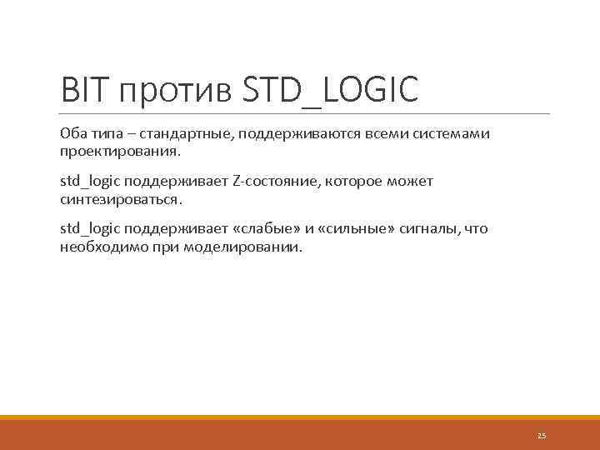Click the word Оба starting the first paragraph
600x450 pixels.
click(72, 134)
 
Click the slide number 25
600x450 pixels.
click(542, 436)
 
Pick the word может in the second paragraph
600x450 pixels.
click(412, 181)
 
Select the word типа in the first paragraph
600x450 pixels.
click(106, 134)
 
